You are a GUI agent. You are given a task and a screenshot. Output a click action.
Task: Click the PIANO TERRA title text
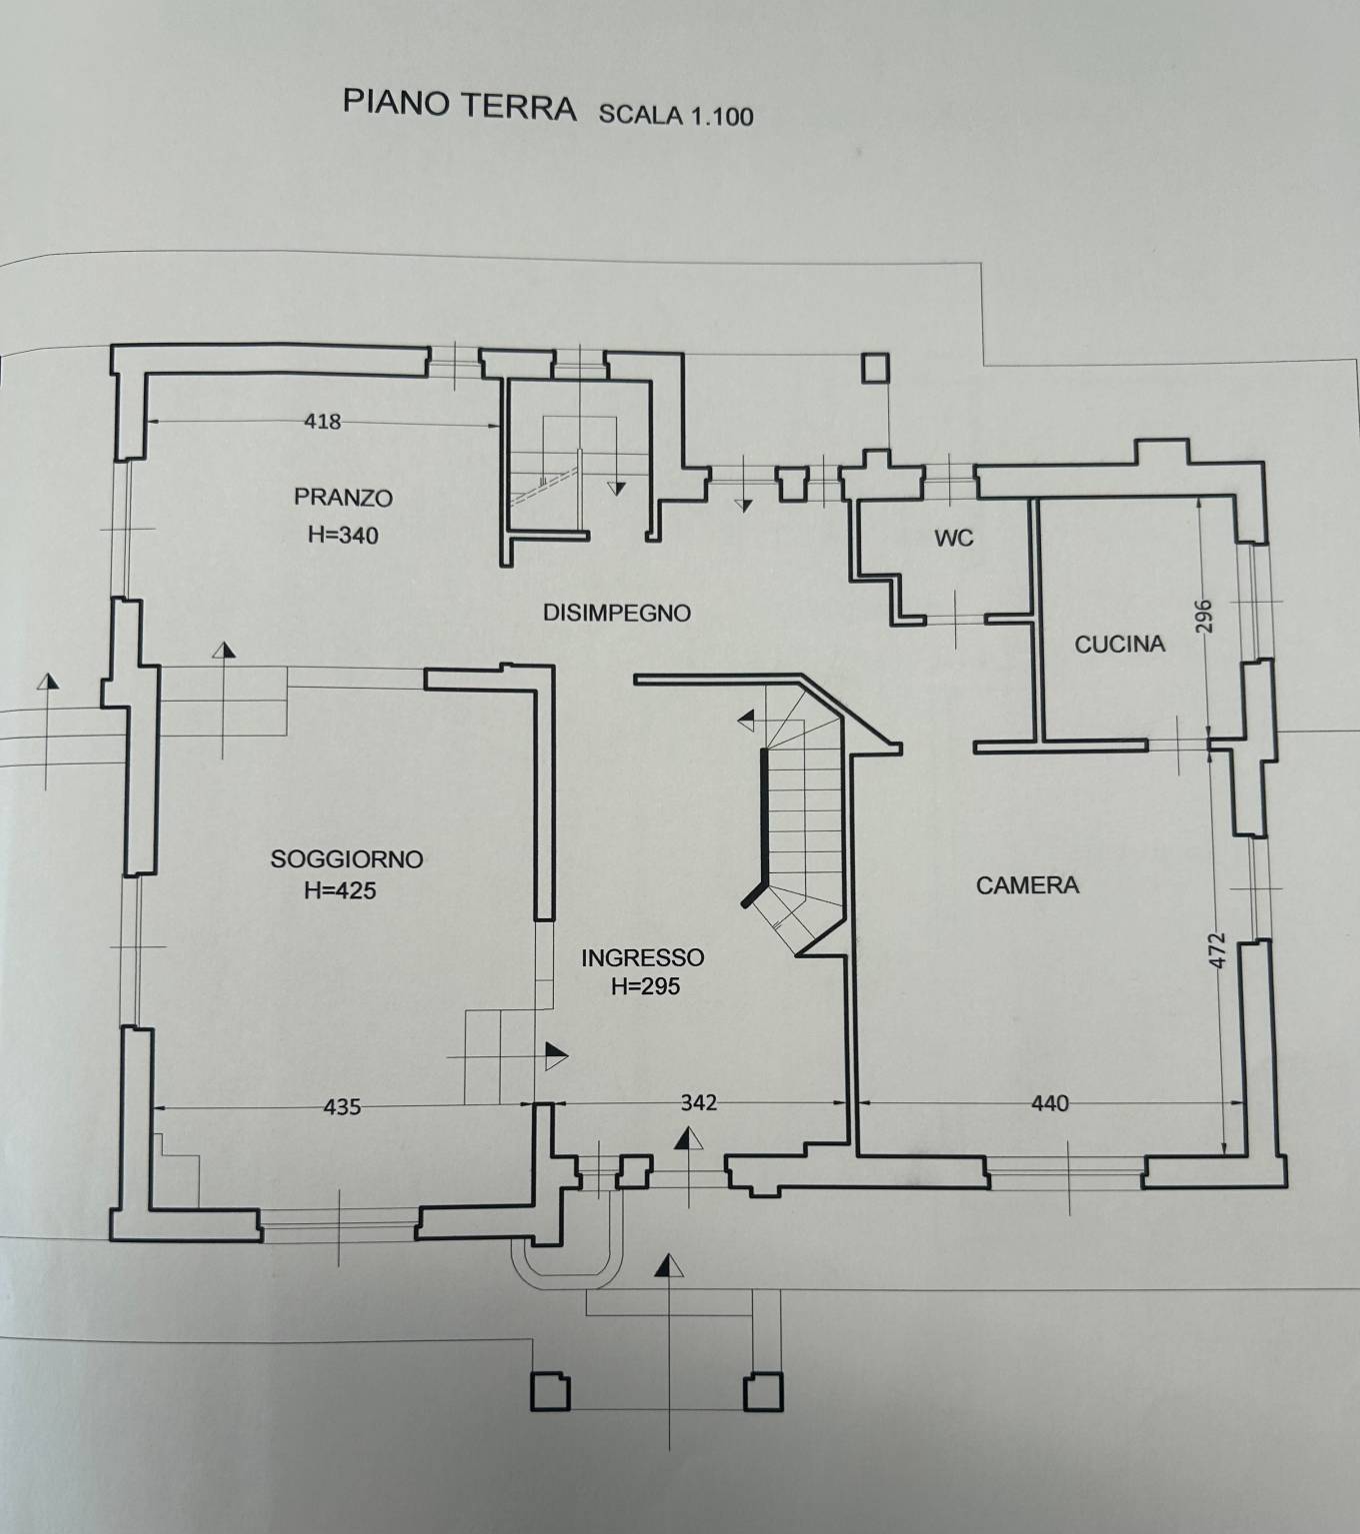(459, 104)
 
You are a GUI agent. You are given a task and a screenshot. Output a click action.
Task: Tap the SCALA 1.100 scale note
(676, 114)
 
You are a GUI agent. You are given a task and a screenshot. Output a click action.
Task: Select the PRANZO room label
(343, 498)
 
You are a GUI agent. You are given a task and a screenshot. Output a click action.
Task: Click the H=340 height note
(342, 536)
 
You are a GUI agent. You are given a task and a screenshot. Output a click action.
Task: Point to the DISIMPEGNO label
(617, 613)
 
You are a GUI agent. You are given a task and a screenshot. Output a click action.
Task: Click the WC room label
(954, 539)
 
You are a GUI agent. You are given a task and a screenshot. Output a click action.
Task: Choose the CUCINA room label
(1120, 645)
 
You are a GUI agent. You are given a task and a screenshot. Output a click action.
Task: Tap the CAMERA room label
(1027, 885)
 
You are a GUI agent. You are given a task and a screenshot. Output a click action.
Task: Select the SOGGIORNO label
(347, 858)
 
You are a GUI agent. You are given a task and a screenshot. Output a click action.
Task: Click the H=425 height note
(340, 890)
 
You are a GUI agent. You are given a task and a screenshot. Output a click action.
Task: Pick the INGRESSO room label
(642, 957)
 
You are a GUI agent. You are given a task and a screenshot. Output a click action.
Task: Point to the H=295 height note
(646, 985)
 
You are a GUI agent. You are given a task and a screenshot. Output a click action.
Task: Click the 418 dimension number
(323, 421)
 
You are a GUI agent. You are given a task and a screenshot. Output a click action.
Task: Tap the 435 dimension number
(342, 1107)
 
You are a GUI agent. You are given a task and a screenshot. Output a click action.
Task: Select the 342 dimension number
(699, 1102)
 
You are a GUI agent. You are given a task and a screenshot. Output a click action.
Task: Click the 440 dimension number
(1050, 1103)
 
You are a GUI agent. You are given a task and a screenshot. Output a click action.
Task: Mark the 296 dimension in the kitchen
(1203, 617)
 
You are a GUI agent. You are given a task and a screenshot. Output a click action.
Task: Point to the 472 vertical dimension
(1217, 949)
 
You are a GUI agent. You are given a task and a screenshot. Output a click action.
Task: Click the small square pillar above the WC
(875, 369)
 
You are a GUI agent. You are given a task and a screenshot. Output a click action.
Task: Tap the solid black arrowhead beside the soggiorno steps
(556, 1055)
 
